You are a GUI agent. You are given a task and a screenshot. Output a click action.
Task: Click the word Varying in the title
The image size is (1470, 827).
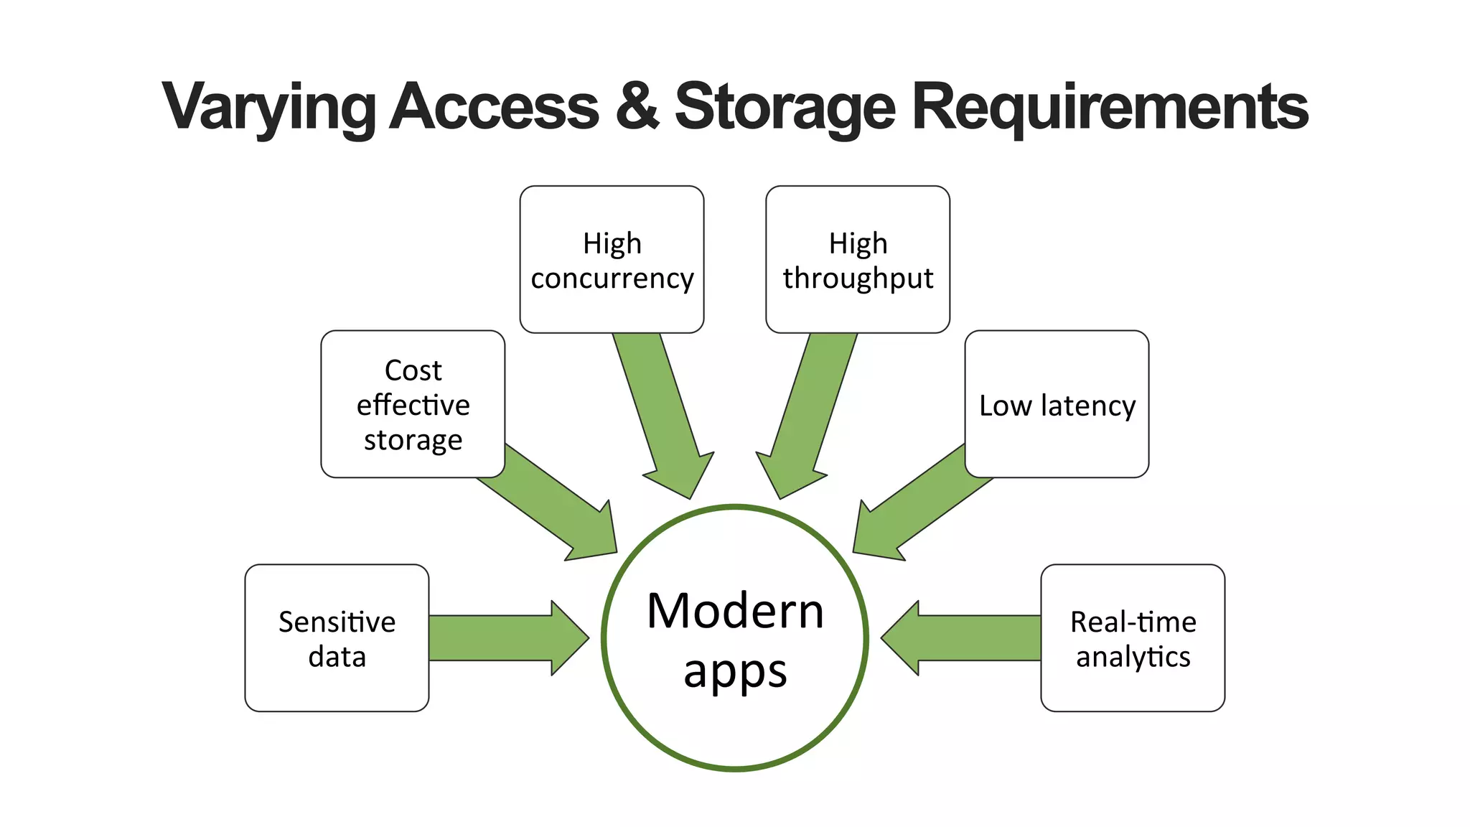(268, 108)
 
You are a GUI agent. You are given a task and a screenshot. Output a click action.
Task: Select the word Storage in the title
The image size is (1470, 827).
(785, 108)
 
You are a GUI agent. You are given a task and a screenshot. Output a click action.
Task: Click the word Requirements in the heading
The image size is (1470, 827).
(1110, 108)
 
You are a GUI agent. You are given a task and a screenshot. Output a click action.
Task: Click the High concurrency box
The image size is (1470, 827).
(612, 259)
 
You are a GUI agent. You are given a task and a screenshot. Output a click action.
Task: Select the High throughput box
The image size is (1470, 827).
(858, 259)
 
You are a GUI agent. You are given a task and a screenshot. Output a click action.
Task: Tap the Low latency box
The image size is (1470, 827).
(1057, 404)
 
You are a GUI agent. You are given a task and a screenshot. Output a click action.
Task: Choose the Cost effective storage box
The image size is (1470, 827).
(413, 404)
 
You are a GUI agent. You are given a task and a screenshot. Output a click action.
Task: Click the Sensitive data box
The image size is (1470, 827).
(337, 637)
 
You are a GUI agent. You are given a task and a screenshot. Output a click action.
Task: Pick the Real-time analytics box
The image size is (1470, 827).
(1133, 637)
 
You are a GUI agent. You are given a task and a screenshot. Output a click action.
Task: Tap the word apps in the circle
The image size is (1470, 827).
(735, 672)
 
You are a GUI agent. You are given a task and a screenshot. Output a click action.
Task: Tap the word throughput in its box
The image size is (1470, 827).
(858, 278)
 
